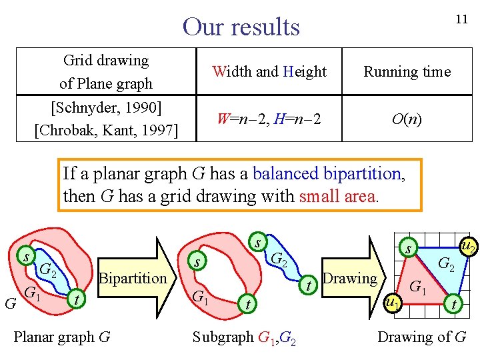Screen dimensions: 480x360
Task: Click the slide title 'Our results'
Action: click(241, 27)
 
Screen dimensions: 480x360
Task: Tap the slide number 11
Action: click(461, 19)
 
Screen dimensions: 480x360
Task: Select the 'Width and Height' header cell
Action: click(269, 71)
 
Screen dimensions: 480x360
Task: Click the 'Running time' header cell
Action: click(407, 71)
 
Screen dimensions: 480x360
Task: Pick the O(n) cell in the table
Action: click(407, 119)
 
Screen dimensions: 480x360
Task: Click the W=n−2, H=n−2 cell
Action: click(269, 119)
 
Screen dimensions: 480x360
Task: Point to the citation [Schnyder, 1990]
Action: click(107, 107)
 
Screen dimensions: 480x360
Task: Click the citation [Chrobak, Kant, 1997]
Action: click(107, 129)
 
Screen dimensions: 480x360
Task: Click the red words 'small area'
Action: click(339, 196)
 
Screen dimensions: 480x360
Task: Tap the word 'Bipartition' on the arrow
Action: click(132, 278)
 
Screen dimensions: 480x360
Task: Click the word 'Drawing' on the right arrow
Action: click(349, 278)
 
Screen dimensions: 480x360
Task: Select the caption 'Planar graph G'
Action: click(62, 337)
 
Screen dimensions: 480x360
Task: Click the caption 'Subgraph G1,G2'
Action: click(245, 337)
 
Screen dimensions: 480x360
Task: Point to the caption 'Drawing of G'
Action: click(421, 337)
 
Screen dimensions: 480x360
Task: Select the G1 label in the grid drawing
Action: click(418, 287)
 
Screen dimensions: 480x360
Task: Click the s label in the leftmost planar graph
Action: click(25, 256)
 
